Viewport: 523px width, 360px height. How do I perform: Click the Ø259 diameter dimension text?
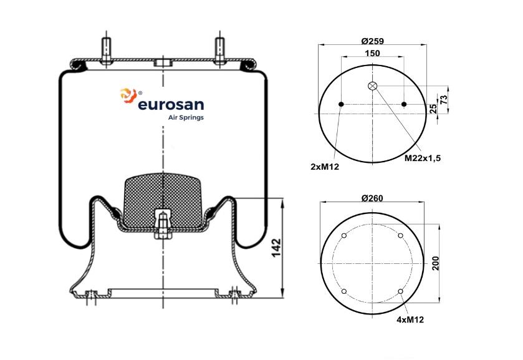pos(372,41)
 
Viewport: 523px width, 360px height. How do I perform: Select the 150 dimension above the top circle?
pos(372,53)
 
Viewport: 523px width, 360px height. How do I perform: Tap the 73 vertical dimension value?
pos(444,100)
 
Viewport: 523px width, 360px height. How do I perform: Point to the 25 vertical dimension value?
pos(433,109)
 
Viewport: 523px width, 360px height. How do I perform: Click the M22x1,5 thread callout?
pos(423,158)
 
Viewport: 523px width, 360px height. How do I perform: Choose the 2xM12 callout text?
pos(325,167)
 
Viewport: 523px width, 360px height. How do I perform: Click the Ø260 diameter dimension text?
pos(372,198)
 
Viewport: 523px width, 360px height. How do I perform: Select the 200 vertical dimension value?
pos(435,263)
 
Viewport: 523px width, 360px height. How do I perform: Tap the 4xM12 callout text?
pos(410,319)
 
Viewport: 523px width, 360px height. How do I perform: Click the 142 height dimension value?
pos(277,248)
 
